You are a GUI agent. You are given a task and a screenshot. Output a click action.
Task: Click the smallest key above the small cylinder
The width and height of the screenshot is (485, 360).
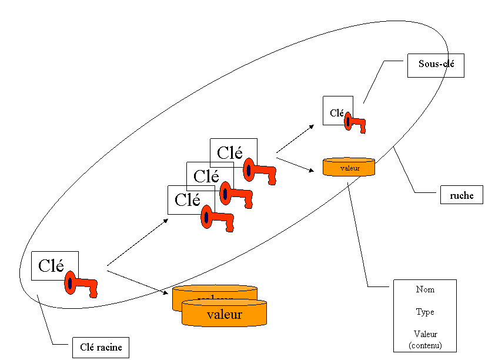354,122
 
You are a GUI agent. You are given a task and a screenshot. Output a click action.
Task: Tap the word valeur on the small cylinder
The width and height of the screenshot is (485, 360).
349,168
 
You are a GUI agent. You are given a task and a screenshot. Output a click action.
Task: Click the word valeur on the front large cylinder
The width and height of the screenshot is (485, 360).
225,315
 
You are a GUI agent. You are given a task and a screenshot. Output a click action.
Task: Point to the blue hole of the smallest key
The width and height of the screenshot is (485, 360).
348,121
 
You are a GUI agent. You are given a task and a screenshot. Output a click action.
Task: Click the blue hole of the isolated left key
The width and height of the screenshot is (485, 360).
70,283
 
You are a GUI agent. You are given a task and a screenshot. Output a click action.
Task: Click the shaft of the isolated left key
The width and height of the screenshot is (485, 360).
83,282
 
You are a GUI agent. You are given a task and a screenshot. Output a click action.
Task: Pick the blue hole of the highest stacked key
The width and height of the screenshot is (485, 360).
249,170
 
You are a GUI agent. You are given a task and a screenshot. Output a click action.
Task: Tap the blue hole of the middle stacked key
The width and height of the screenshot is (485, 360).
225,194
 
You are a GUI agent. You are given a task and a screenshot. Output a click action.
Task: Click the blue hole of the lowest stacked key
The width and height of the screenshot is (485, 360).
206,217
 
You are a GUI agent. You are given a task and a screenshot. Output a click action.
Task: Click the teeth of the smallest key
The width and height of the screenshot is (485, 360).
362,128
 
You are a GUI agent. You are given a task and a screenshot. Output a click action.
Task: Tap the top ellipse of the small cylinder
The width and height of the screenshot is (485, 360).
349,160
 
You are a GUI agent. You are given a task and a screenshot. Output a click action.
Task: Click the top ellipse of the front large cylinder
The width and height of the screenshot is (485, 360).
224,302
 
